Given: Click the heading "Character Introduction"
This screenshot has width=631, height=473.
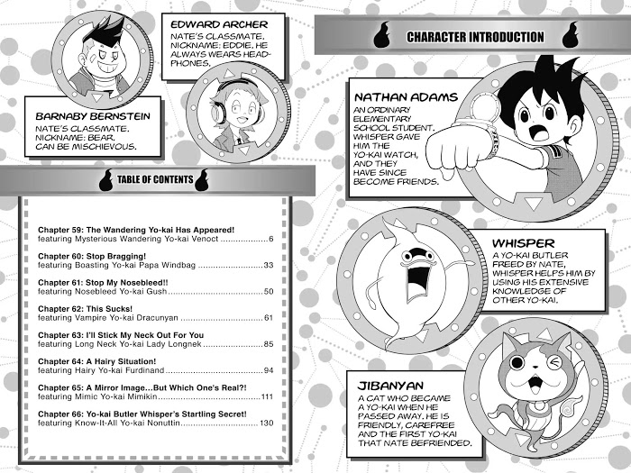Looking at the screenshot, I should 475,37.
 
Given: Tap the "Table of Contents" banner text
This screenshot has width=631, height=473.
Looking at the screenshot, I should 155,180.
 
